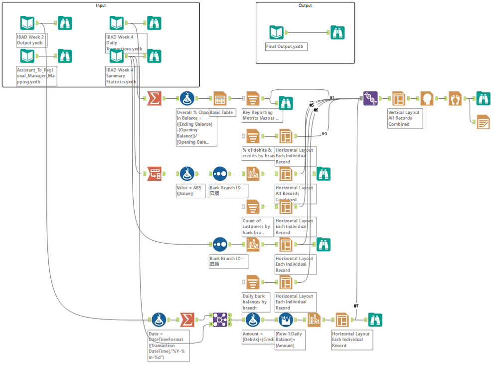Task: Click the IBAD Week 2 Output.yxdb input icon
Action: click(27, 23)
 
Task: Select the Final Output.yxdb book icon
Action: click(277, 33)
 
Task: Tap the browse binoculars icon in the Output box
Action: click(338, 33)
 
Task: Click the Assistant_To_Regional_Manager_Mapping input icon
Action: click(27, 56)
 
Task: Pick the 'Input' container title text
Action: click(101, 5)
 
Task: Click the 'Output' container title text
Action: click(305, 5)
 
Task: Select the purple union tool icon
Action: click(370, 98)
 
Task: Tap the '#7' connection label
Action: click(356, 306)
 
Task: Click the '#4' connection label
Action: click(324, 133)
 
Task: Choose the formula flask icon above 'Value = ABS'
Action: click(187, 174)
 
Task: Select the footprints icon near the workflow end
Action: click(455, 98)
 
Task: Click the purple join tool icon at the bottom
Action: click(220, 320)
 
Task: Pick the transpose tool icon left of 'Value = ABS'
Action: click(155, 174)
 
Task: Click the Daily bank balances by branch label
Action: click(255, 302)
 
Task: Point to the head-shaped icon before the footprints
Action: click(427, 98)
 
